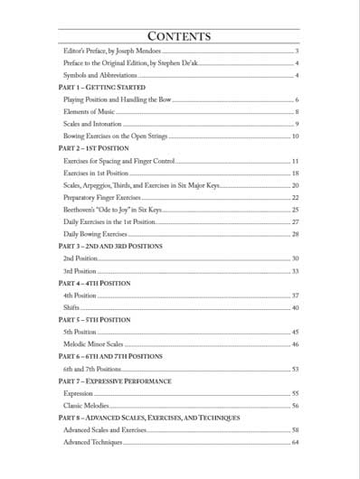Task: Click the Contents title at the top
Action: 180,37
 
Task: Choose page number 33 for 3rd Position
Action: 295,270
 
